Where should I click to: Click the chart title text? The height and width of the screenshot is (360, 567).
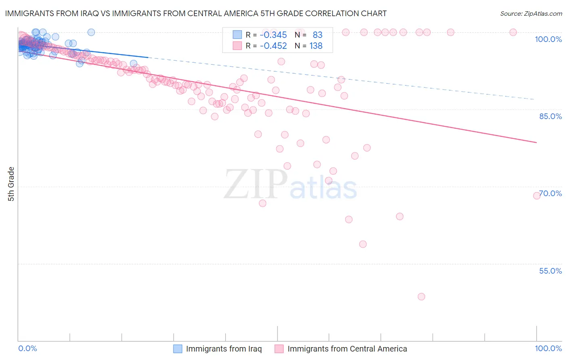click(x=196, y=14)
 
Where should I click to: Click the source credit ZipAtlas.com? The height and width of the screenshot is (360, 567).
click(x=531, y=14)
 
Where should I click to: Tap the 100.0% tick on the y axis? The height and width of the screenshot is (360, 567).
click(x=548, y=39)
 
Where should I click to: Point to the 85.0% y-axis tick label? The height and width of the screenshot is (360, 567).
click(x=550, y=116)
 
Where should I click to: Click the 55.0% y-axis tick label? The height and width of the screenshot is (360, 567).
click(x=550, y=271)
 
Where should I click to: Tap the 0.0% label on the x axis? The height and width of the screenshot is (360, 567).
click(x=27, y=348)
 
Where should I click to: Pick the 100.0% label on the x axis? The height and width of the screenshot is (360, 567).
click(x=548, y=348)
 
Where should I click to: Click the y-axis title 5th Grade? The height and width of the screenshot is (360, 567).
click(x=11, y=184)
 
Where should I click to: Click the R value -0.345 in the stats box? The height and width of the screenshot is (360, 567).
click(x=273, y=35)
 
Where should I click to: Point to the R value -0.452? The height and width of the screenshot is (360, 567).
click(x=273, y=46)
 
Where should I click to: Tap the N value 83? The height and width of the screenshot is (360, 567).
click(x=317, y=35)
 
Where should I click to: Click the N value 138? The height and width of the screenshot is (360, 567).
click(x=316, y=46)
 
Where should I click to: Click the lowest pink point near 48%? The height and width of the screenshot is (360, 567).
click(x=421, y=297)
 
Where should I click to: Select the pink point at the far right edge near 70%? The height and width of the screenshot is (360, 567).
click(x=537, y=196)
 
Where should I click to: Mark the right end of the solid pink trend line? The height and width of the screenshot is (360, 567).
click(x=536, y=142)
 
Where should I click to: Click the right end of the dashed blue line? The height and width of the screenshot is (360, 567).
click(x=535, y=99)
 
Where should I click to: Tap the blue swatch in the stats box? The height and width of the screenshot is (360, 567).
click(x=237, y=35)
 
